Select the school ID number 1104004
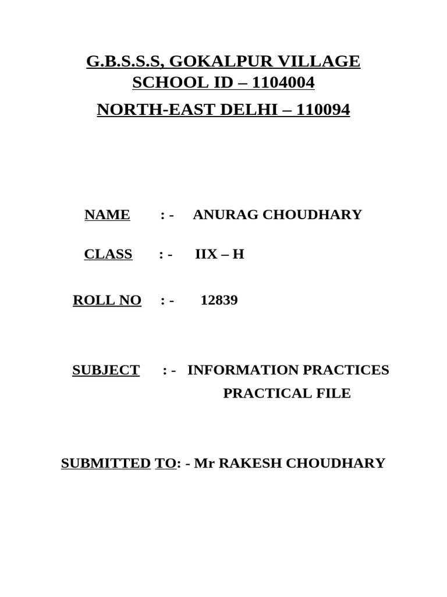(282, 83)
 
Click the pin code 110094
(323, 110)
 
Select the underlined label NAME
(107, 215)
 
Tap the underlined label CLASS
(108, 254)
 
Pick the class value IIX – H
(219, 254)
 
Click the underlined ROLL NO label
(107, 300)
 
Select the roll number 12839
(219, 300)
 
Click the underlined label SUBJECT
(106, 370)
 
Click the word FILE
(334, 393)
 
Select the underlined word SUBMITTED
(106, 463)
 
